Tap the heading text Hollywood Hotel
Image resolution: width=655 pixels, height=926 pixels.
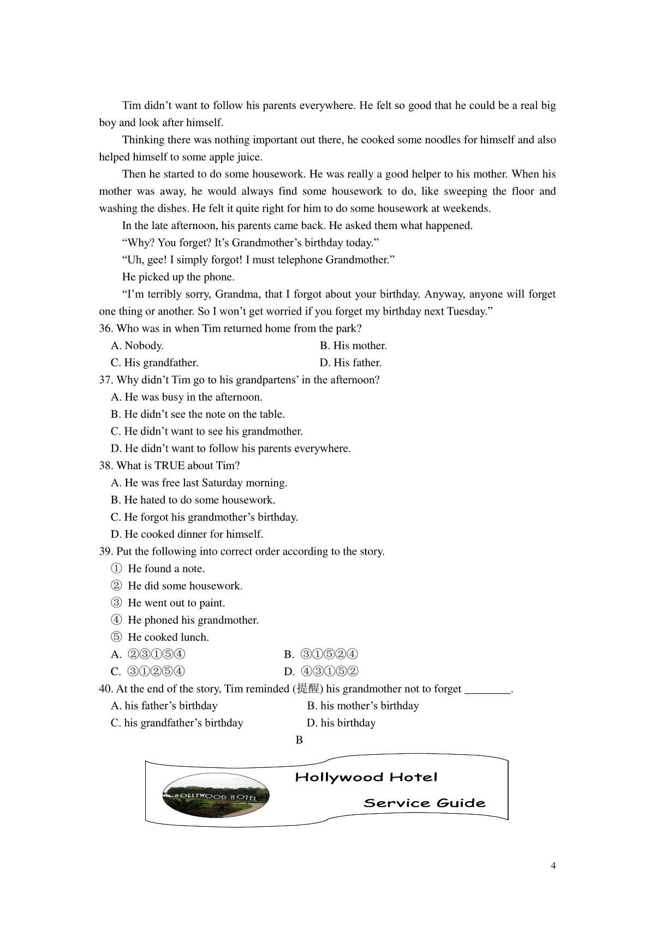coord(366,777)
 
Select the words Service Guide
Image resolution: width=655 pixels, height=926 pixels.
coord(424,803)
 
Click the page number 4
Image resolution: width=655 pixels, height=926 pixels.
coord(553,866)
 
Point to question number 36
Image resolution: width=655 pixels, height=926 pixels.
coord(105,328)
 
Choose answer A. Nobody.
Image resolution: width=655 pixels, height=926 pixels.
coord(137,346)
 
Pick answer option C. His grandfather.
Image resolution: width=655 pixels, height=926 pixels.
coord(154,363)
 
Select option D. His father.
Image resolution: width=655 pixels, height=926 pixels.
coord(350,363)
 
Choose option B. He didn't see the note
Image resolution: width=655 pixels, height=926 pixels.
coord(198,414)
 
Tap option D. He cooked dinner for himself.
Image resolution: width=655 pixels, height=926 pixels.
coord(187,534)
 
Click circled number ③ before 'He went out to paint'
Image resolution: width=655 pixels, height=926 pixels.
coord(116,603)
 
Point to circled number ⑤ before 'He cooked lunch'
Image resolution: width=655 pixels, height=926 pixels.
coord(116,638)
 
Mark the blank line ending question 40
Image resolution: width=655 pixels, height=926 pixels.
coord(487,690)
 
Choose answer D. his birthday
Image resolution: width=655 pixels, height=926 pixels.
coord(341,723)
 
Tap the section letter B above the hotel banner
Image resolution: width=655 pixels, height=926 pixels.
coord(299,740)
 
